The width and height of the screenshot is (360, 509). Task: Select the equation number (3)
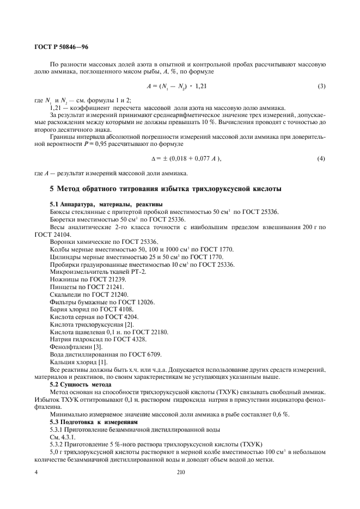click(x=321, y=86)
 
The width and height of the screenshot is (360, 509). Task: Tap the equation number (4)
click(x=321, y=158)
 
